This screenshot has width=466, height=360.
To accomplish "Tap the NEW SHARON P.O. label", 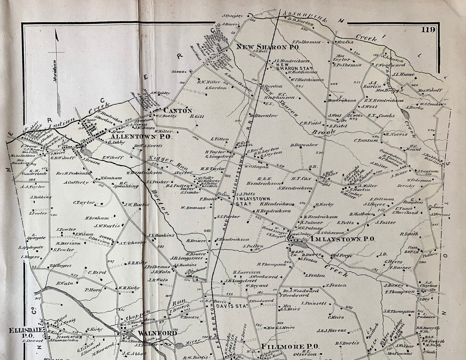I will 267,47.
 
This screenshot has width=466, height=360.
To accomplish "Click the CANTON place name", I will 178,111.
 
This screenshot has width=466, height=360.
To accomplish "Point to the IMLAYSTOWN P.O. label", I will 342,239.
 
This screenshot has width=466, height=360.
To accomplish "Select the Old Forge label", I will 341,255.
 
